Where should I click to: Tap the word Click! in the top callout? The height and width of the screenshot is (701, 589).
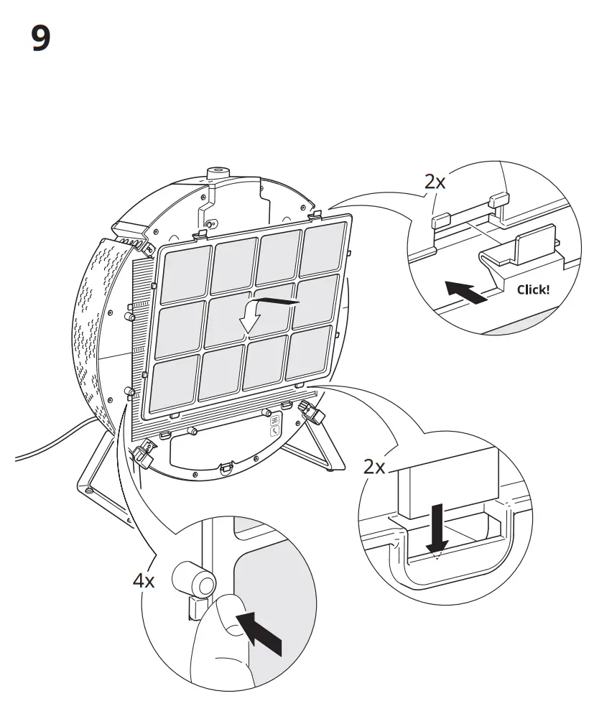[533, 290]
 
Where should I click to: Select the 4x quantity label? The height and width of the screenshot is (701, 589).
[144, 580]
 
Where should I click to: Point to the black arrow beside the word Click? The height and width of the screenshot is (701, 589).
[466, 292]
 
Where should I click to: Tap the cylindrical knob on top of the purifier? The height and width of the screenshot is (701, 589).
[216, 173]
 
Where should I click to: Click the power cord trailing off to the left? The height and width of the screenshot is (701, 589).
[50, 443]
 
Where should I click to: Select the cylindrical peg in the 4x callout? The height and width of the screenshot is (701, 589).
[193, 577]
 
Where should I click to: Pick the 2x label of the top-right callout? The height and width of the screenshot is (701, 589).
[435, 182]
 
